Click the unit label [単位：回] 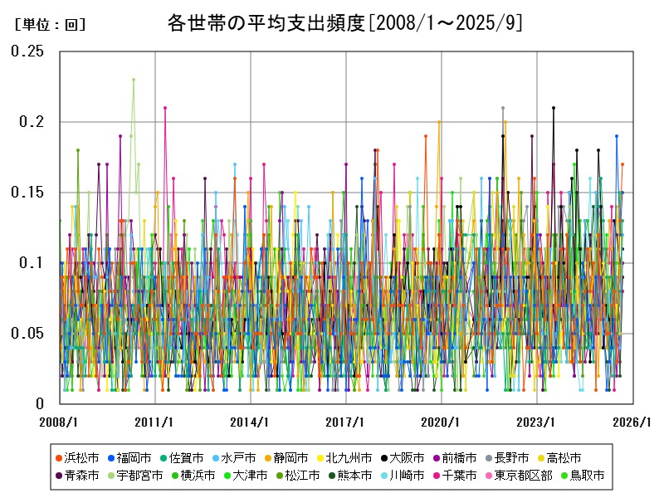[51, 25]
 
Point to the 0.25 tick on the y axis [27, 51]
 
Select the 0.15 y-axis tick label [27, 193]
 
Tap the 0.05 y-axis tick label [27, 334]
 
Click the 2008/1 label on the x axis [60, 422]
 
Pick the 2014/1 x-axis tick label [251, 422]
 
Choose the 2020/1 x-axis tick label [442, 422]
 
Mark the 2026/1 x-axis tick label [632, 422]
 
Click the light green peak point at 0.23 [133, 80]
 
